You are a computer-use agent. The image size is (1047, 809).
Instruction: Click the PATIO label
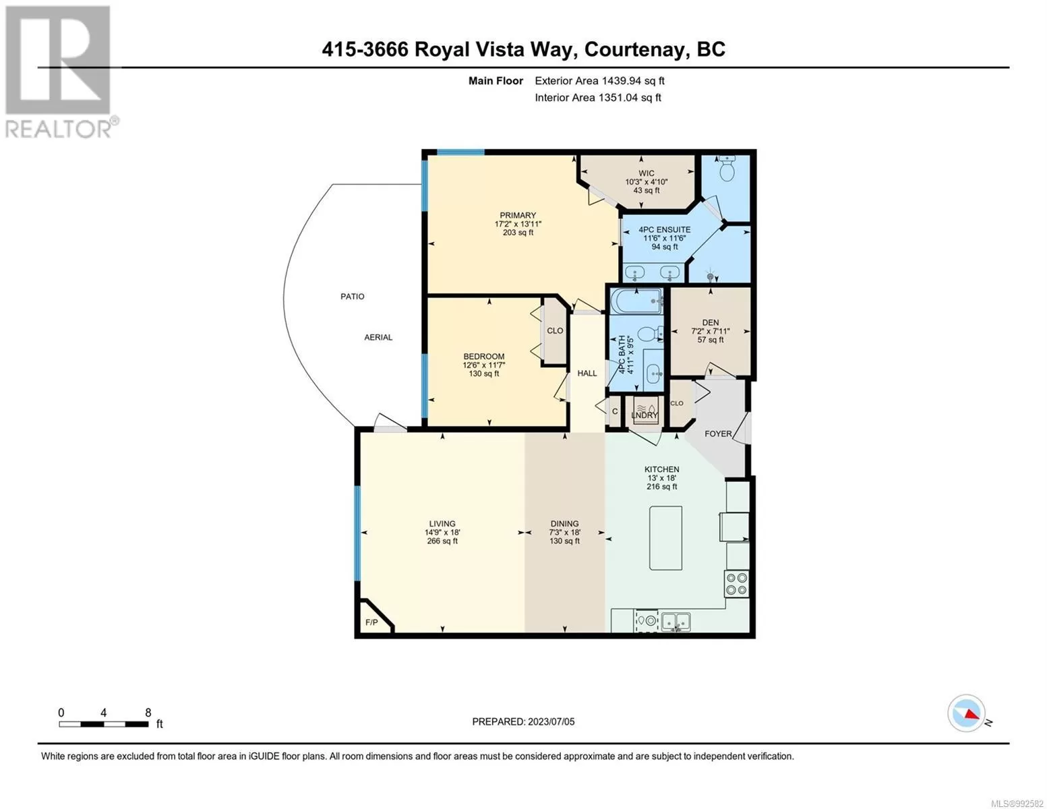point(352,297)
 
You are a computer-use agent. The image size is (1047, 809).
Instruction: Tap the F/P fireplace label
point(371,622)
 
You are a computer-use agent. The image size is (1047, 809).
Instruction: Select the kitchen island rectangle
point(665,538)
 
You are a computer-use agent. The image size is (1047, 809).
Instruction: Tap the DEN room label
point(710,322)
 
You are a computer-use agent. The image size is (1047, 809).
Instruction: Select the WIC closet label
point(646,173)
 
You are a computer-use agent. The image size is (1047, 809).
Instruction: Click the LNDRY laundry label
point(645,415)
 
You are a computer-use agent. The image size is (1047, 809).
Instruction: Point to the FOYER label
point(718,433)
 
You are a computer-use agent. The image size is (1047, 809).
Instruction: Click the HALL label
point(587,373)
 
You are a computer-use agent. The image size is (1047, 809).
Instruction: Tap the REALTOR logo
point(60,72)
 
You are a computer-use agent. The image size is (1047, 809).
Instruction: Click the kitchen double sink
point(676,622)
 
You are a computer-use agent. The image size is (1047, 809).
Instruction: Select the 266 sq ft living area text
point(442,541)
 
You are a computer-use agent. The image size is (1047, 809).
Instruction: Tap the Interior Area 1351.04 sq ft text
point(597,97)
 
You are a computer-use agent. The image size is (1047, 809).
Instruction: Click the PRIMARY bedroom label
point(518,215)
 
